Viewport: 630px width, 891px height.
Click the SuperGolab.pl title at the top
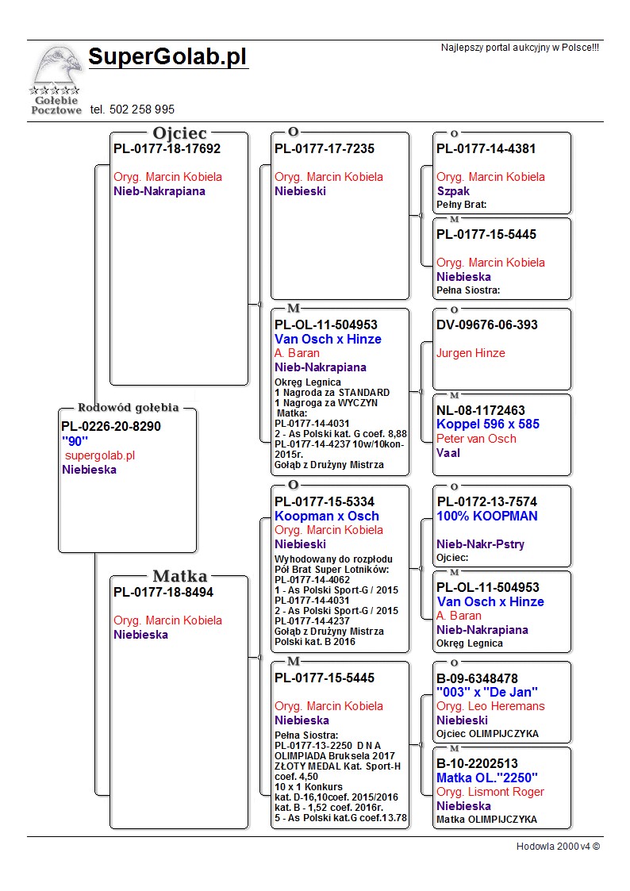tap(167, 57)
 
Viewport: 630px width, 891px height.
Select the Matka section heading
tap(179, 576)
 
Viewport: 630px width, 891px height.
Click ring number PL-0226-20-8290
tap(111, 427)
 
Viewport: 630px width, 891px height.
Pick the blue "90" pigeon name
tap(75, 441)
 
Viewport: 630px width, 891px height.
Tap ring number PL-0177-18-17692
tap(167, 148)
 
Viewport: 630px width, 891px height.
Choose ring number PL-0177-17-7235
tap(325, 148)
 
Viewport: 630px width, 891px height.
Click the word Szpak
tap(453, 191)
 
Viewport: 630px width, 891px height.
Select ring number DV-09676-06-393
tap(487, 325)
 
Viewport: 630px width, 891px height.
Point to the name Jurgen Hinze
tap(471, 353)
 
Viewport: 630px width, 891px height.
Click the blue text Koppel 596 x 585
tap(488, 424)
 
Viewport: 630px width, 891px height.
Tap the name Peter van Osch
tap(476, 439)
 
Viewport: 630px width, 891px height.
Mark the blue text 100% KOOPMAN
tap(487, 516)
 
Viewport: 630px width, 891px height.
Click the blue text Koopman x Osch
tap(327, 516)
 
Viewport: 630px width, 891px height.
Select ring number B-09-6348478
tap(478, 678)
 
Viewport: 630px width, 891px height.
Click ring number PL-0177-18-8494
tap(163, 592)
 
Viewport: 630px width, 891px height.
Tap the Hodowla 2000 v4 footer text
tap(558, 847)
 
